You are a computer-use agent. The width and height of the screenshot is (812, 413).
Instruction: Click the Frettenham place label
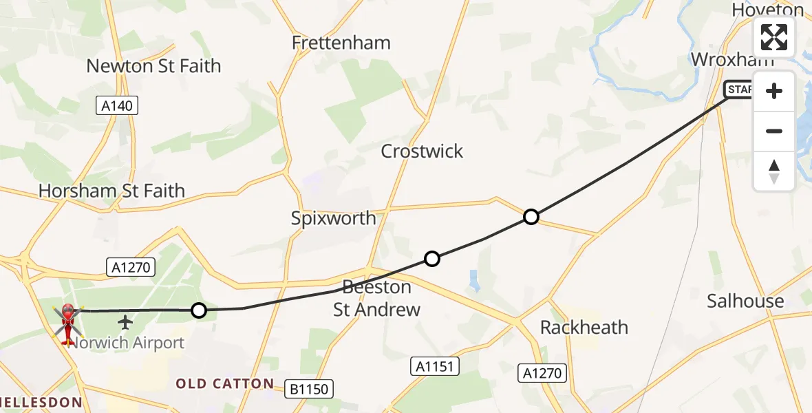coord(341,43)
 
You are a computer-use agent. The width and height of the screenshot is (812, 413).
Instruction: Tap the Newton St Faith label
coord(153,66)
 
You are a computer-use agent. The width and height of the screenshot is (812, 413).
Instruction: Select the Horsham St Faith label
coord(112,191)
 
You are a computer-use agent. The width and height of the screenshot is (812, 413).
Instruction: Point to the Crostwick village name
coord(422,151)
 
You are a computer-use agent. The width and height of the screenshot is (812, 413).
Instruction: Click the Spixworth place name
coord(334,219)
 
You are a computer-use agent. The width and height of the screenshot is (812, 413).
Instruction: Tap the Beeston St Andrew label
coord(377,298)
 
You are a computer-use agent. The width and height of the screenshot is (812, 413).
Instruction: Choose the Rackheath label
coord(584,327)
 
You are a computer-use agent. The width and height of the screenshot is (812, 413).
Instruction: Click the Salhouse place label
coord(746,301)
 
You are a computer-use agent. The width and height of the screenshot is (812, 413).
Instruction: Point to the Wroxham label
coord(732,60)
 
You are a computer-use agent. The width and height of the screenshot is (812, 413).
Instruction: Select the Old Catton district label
coord(225,383)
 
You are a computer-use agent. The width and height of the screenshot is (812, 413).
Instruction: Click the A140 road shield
coord(117,105)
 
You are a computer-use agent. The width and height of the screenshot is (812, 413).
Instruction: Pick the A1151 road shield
coord(436,366)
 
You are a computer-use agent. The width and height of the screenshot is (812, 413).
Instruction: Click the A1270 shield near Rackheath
coord(543,373)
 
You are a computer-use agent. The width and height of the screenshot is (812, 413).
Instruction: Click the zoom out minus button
coord(774,131)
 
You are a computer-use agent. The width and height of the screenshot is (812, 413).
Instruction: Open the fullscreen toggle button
coord(774,37)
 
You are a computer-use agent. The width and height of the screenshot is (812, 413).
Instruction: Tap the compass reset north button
coord(774,171)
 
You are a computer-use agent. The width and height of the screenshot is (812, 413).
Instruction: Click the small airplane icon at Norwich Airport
coord(126,321)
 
